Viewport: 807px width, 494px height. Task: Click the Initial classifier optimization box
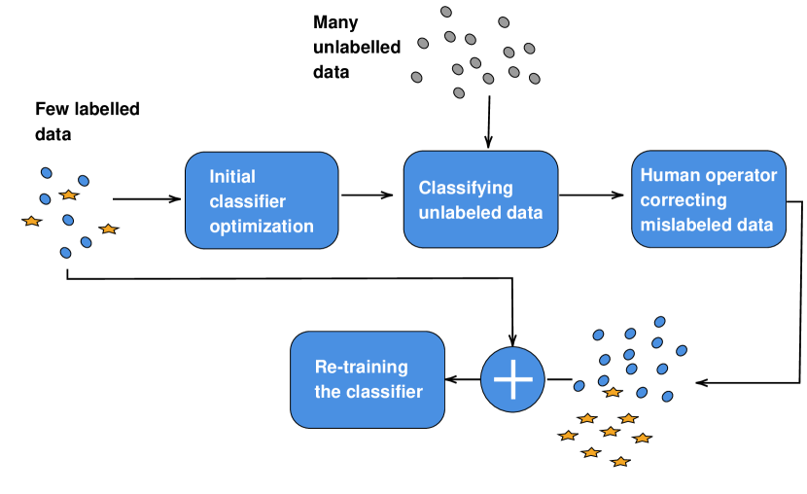(x=262, y=200)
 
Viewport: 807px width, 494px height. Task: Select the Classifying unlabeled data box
(x=480, y=199)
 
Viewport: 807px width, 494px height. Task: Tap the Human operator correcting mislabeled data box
(x=709, y=199)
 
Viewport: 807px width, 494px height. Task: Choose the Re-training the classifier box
(x=368, y=380)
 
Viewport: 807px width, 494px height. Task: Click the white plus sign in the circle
(x=512, y=380)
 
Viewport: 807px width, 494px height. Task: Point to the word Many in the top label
(x=335, y=22)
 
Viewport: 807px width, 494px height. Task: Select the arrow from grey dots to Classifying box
(x=488, y=122)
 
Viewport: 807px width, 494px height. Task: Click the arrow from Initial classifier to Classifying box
(x=367, y=195)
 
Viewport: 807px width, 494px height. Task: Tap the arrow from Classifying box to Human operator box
(x=591, y=195)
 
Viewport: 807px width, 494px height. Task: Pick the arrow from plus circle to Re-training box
(x=463, y=380)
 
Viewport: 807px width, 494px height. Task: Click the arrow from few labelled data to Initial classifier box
(x=147, y=198)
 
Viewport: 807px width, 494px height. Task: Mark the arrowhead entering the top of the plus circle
(x=512, y=340)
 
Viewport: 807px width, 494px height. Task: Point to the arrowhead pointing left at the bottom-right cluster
(x=701, y=383)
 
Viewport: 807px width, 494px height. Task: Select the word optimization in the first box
(x=262, y=227)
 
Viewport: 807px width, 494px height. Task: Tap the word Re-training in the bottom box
(x=362, y=367)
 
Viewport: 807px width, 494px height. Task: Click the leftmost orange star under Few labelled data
(x=32, y=222)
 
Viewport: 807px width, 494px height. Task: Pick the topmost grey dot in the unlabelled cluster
(x=446, y=12)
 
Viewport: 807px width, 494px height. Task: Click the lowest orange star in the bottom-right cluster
(x=620, y=462)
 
